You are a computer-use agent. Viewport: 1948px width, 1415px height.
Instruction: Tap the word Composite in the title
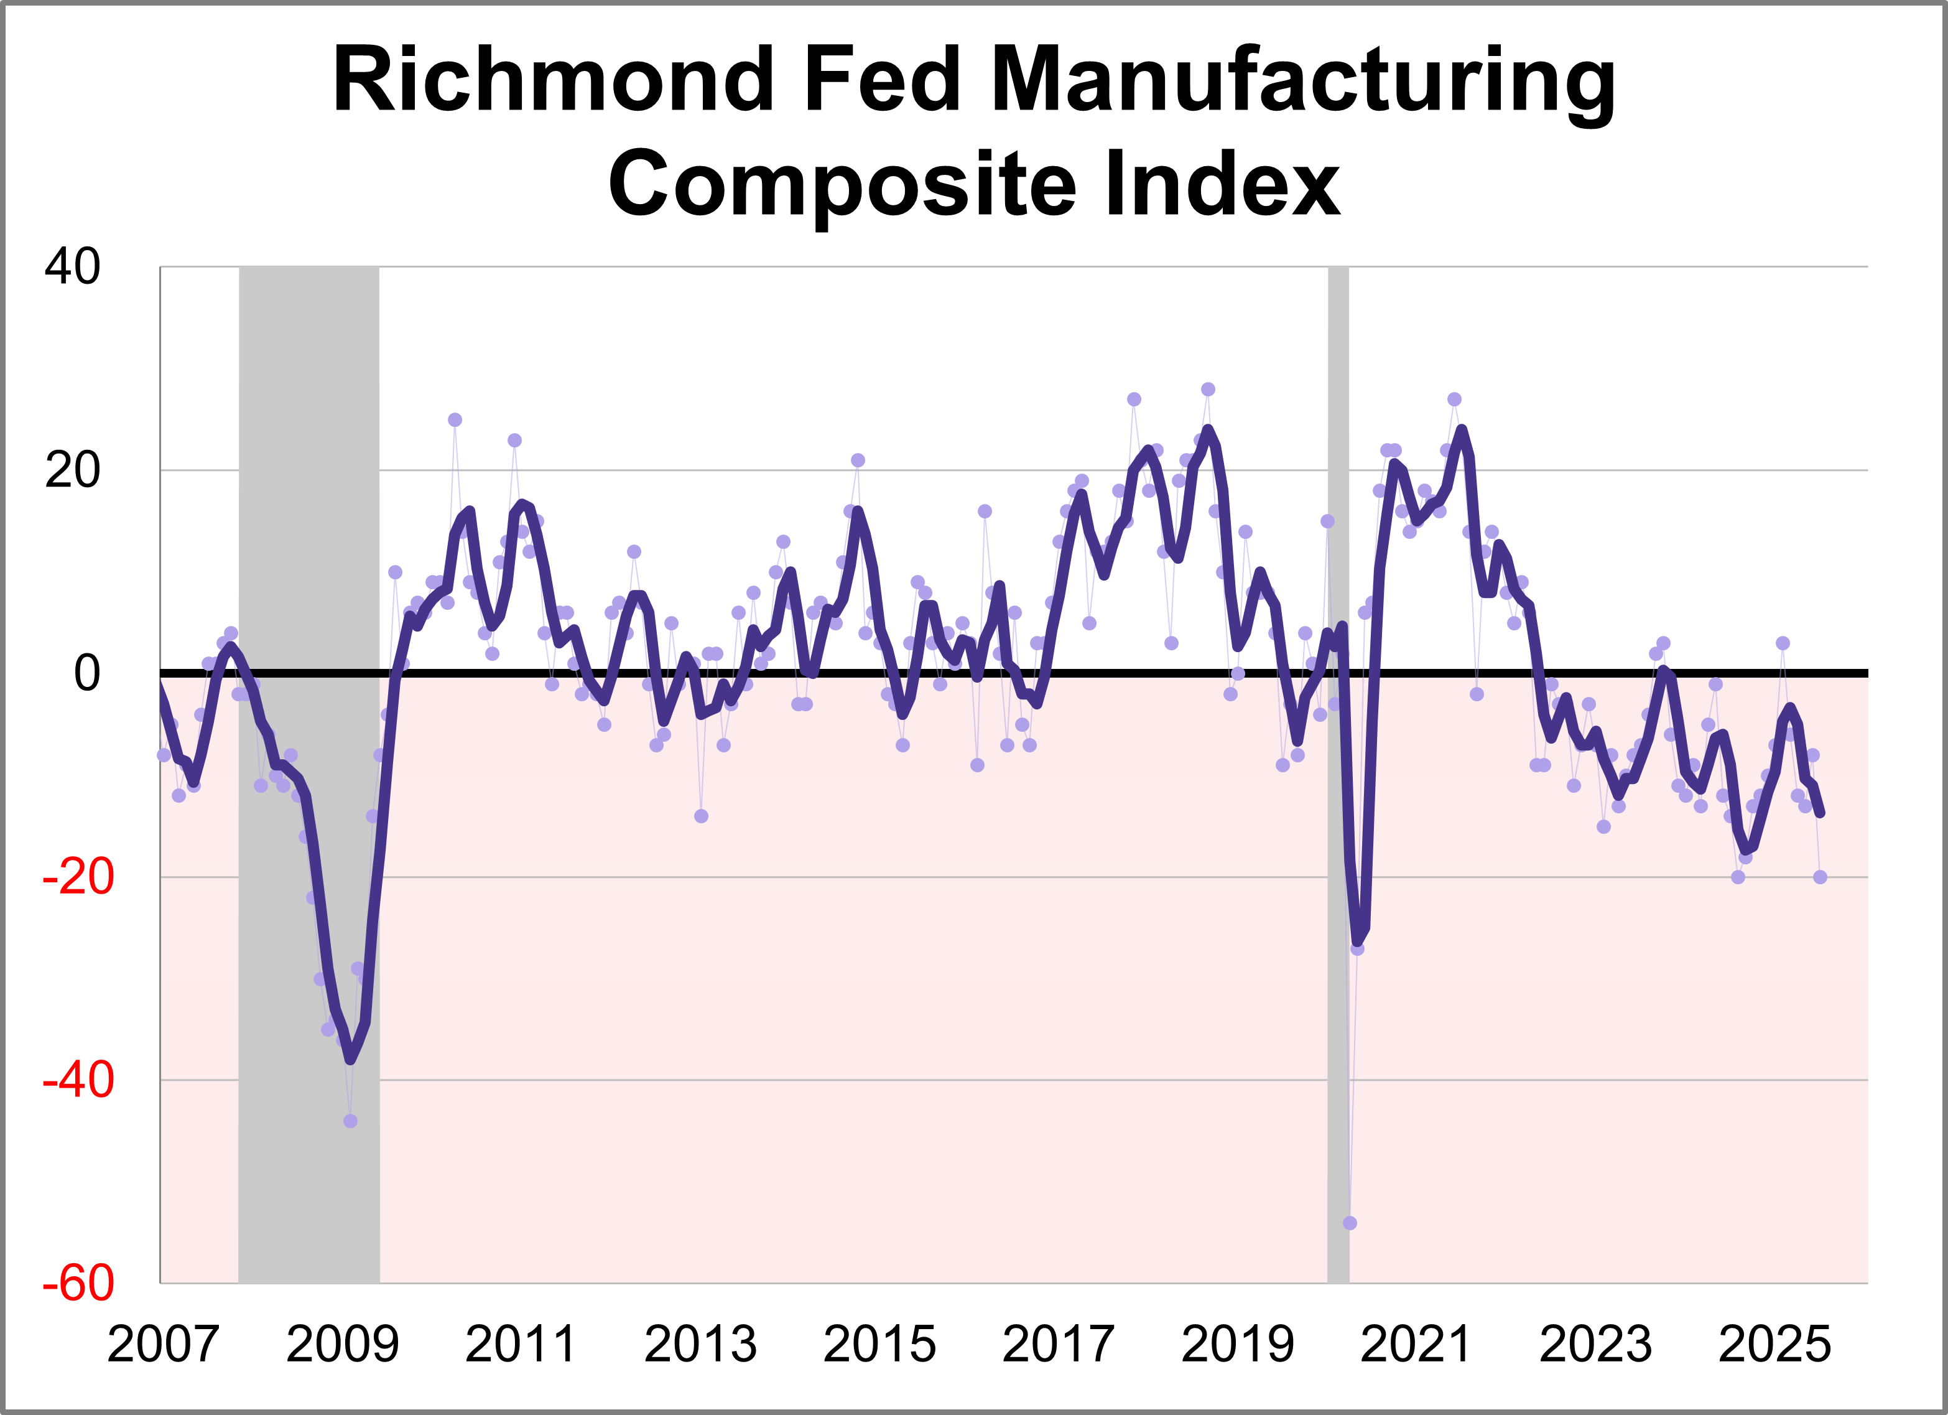pyautogui.click(x=841, y=184)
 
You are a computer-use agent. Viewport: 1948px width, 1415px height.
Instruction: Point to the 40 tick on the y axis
pyautogui.click(x=73, y=266)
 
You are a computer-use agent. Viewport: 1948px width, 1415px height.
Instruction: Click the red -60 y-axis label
pyautogui.click(x=78, y=1284)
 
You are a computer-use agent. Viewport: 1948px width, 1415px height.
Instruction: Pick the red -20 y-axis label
pyautogui.click(x=78, y=877)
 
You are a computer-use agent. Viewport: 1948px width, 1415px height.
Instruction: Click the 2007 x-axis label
pyautogui.click(x=162, y=1345)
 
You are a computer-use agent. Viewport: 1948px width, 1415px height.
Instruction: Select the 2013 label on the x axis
pyautogui.click(x=700, y=1345)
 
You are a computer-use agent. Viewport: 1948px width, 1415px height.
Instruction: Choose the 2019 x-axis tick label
pyautogui.click(x=1237, y=1345)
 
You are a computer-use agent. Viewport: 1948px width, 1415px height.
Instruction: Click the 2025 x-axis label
pyautogui.click(x=1774, y=1345)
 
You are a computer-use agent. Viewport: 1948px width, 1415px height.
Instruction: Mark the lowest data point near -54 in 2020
pyautogui.click(x=1349, y=1223)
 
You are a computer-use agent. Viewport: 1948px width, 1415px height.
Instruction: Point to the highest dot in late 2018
pyautogui.click(x=1208, y=389)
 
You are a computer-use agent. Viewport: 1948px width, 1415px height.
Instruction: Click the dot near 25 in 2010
pyautogui.click(x=455, y=420)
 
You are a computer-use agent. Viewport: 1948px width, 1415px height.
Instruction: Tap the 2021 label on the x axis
pyautogui.click(x=1416, y=1345)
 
